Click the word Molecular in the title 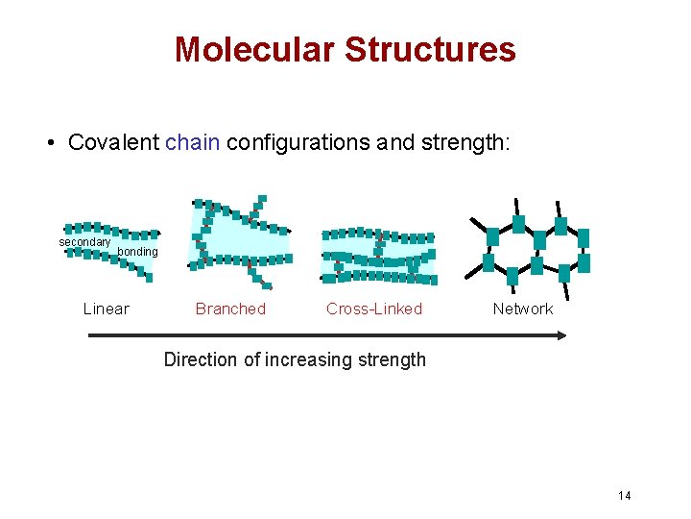click(x=254, y=49)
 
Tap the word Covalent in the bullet click(x=114, y=143)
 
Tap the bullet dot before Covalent click(x=48, y=144)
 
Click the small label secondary click(x=84, y=242)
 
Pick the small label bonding click(x=137, y=252)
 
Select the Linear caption click(x=107, y=309)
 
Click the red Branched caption click(x=230, y=309)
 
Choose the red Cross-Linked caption click(x=374, y=309)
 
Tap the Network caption click(x=523, y=309)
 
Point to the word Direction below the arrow click(x=200, y=360)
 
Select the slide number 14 click(x=625, y=495)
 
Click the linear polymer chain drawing click(x=108, y=248)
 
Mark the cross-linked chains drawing click(x=377, y=256)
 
